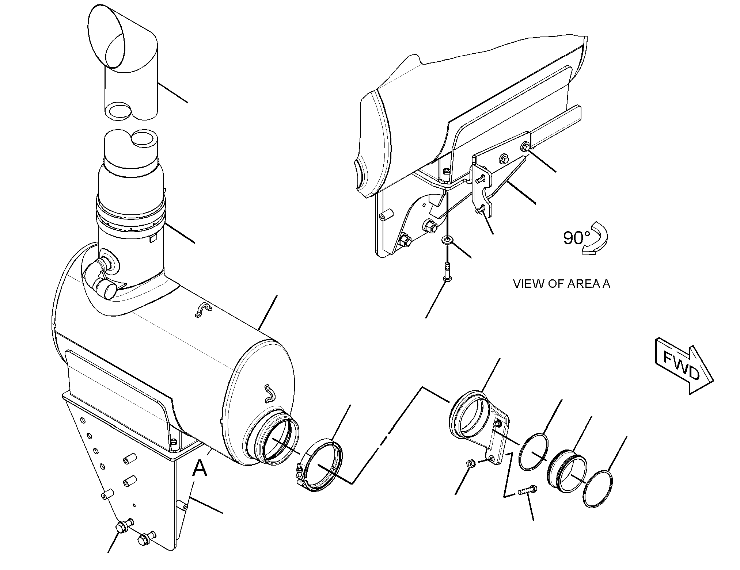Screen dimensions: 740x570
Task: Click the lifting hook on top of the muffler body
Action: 203,310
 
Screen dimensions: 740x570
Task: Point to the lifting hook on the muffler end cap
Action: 270,393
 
